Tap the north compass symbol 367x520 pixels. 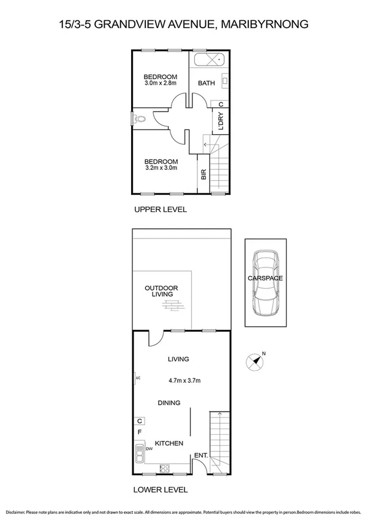click(255, 361)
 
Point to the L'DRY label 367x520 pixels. click(221, 121)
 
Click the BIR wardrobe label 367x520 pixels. click(203, 174)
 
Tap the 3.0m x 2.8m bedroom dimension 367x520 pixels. click(161, 83)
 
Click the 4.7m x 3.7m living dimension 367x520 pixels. click(184, 381)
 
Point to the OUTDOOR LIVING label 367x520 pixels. click(161, 291)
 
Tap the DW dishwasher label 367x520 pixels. click(149, 449)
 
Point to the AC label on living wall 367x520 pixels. click(138, 378)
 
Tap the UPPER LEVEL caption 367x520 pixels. click(161, 210)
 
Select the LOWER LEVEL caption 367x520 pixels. click(161, 490)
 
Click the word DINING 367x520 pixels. click(169, 403)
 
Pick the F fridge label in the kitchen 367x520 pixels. click(140, 432)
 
